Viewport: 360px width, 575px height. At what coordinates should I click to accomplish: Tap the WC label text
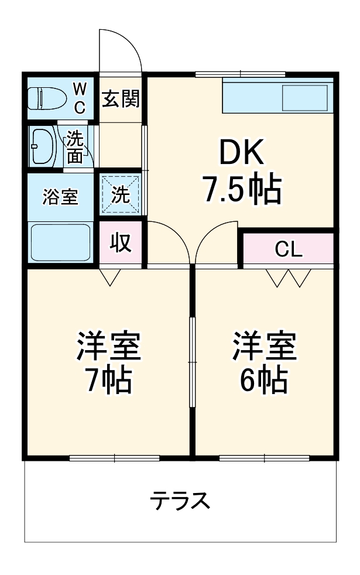pyautogui.click(x=80, y=98)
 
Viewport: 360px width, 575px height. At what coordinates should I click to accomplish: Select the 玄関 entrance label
pyautogui.click(x=121, y=99)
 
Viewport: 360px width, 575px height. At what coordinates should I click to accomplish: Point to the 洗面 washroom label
pyautogui.click(x=75, y=146)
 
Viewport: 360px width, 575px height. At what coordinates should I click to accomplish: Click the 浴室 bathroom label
pyautogui.click(x=60, y=197)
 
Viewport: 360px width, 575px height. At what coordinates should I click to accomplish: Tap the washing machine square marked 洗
pyautogui.click(x=121, y=195)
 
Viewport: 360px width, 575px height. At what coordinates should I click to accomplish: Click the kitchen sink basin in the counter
pyautogui.click(x=304, y=97)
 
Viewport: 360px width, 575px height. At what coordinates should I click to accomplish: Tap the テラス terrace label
pyautogui.click(x=180, y=501)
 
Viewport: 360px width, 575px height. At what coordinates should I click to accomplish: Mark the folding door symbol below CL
pyautogui.click(x=289, y=278)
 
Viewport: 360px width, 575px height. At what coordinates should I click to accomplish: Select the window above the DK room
pyautogui.click(x=240, y=74)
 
